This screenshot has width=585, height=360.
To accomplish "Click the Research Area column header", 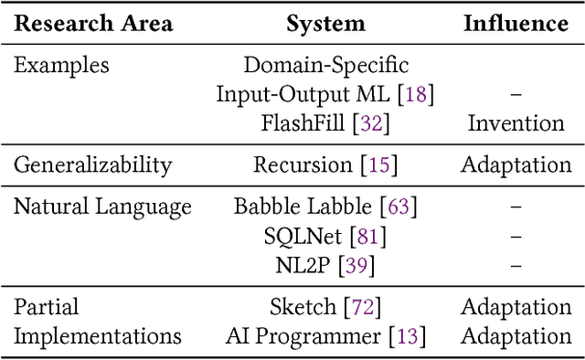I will (93, 23).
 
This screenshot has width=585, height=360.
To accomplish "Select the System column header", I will (325, 23).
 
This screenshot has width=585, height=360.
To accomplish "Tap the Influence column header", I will (516, 23).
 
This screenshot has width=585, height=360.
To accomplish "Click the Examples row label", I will (61, 66).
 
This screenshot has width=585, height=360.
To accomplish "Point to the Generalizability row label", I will (93, 165).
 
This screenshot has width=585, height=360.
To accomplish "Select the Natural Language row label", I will (102, 207).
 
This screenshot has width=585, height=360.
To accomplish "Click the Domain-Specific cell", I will (325, 66).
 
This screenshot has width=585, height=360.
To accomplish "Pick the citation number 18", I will (417, 94).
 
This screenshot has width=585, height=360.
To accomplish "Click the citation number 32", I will (373, 122).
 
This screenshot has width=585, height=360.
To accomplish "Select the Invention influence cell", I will (516, 122).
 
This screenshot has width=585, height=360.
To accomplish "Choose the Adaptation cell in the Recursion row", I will (516, 165).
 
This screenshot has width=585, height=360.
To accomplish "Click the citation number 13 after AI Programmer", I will (408, 336).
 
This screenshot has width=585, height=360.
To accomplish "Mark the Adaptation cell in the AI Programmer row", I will (516, 336).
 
